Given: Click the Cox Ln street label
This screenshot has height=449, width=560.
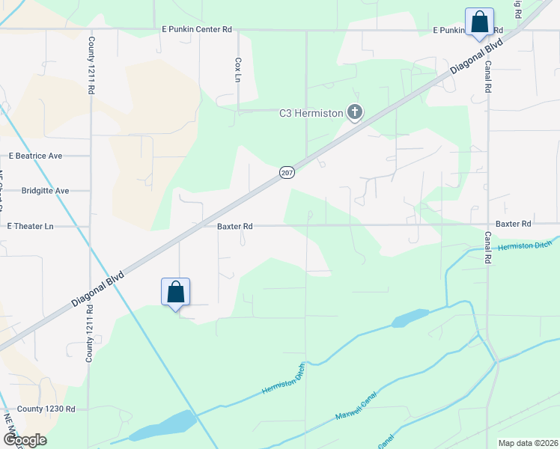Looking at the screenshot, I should [239, 70].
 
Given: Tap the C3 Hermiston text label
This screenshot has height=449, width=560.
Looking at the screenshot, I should [311, 114].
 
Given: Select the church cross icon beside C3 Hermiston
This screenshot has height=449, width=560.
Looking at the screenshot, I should [354, 113].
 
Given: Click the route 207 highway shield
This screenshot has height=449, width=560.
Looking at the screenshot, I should [287, 173].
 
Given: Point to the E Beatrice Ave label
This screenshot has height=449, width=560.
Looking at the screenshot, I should [35, 156].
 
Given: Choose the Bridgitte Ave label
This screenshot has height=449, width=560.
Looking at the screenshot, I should [45, 191].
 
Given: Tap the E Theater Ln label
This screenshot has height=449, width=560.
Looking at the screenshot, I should [31, 226].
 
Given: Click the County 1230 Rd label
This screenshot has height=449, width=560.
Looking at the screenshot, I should [46, 409].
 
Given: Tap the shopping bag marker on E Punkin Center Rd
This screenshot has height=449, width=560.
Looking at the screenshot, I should [478, 22].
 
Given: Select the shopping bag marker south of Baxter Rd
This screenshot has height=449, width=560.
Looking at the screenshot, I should [175, 292].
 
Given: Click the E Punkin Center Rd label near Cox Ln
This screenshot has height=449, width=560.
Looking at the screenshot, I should [197, 29].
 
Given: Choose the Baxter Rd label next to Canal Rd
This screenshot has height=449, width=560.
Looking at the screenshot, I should [513, 224].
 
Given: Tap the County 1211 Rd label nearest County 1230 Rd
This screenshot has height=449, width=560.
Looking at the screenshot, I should [89, 334].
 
